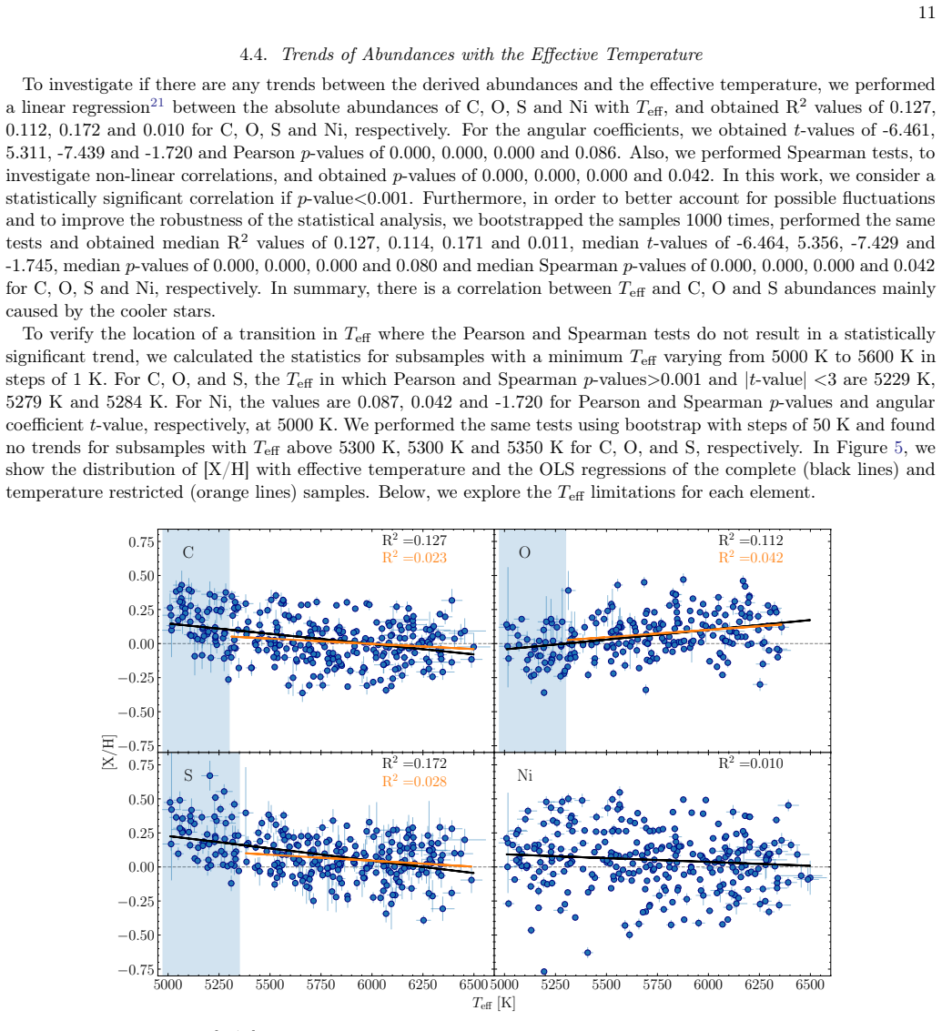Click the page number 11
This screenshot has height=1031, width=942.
pos(927,13)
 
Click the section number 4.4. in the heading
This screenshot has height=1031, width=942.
pos(253,55)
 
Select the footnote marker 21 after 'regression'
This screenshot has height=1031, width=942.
pos(157,103)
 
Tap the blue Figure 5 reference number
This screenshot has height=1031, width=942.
pos(898,448)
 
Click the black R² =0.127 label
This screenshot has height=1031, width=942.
pos(414,540)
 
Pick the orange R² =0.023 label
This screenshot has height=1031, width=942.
pos(414,558)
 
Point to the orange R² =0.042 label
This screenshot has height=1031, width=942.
pos(751,558)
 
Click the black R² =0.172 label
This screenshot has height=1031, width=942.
pos(414,763)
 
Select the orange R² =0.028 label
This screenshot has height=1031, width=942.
pos(414,781)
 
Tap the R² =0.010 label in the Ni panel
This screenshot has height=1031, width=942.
pos(751,763)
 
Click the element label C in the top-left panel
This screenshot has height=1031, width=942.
pos(188,552)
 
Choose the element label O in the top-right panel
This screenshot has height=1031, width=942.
pos(524,552)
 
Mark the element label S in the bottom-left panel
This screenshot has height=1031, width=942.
pos(188,776)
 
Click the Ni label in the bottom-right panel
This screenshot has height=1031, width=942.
pos(525,776)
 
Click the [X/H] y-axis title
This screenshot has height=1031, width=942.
pos(109,753)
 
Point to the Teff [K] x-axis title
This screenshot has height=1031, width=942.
pos(493,1004)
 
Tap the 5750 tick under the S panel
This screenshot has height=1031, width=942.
pos(320,985)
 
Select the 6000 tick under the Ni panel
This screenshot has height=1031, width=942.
pos(708,985)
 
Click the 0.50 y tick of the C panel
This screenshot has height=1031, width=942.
pos(141,576)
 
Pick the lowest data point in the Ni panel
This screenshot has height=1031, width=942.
pos(544,971)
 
